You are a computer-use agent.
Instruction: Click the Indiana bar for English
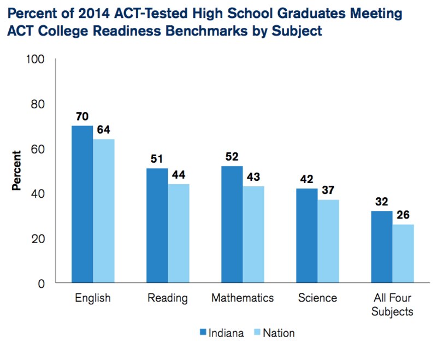(82, 205)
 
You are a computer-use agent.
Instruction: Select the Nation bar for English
(104, 211)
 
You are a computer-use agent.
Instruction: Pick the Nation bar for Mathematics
(253, 235)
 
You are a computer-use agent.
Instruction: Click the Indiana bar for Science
(307, 236)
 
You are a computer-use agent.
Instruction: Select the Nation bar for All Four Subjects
(403, 254)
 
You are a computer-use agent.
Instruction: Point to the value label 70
(82, 116)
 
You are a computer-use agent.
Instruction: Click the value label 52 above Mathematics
(232, 157)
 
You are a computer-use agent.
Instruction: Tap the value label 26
(403, 215)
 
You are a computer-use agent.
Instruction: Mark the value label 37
(328, 191)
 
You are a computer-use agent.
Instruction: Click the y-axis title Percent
(17, 172)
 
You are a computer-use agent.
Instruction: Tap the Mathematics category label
(243, 298)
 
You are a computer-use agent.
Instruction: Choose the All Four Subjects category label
(393, 305)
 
